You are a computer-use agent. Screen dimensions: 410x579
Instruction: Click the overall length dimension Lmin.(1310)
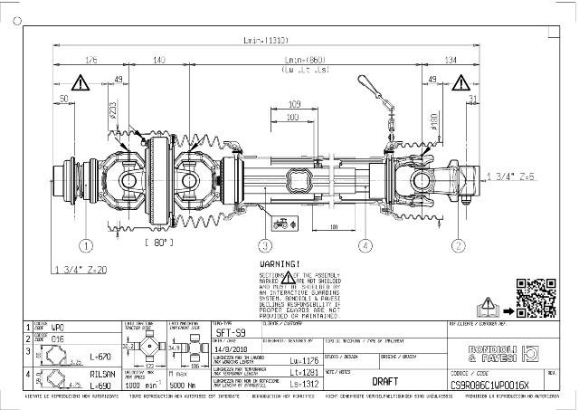265,41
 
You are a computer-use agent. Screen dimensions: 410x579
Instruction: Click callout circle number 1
86,245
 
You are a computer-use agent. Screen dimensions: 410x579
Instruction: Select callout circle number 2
459,245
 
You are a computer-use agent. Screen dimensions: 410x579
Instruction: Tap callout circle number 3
265,245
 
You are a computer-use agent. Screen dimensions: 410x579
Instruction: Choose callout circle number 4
365,245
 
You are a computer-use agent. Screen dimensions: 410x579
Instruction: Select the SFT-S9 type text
230,333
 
